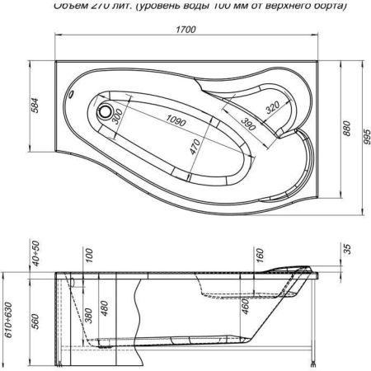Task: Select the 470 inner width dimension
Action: (x=195, y=151)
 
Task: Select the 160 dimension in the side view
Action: (x=260, y=255)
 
